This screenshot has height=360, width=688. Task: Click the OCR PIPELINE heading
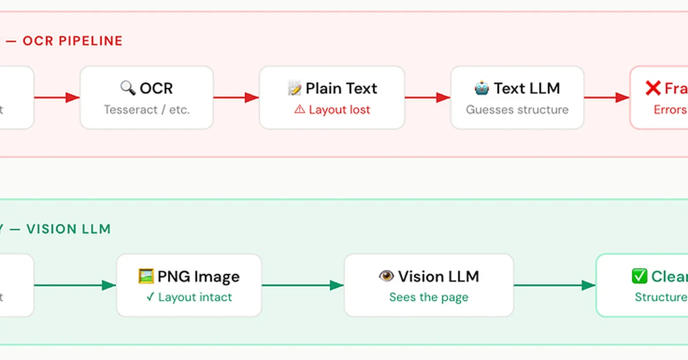click(72, 41)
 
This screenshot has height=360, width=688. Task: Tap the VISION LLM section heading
click(69, 229)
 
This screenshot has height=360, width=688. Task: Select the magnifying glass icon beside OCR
click(127, 88)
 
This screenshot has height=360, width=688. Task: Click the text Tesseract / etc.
click(146, 109)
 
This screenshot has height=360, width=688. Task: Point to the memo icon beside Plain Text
click(295, 88)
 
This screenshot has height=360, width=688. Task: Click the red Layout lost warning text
click(339, 109)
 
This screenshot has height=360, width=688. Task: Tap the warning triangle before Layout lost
click(299, 109)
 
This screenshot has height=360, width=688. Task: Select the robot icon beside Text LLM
click(482, 88)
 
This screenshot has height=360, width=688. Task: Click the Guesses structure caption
click(517, 109)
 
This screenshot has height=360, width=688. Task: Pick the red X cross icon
click(653, 88)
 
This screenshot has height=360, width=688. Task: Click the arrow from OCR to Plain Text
click(236, 97)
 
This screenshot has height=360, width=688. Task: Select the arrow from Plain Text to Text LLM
click(428, 97)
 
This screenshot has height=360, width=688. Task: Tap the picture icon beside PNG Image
click(146, 276)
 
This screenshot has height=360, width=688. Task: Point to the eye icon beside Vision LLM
click(386, 276)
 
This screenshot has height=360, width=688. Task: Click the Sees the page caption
click(429, 298)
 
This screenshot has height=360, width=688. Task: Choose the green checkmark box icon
click(639, 276)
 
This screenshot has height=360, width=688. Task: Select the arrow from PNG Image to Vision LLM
click(303, 285)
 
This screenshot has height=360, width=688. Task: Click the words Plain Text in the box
click(341, 88)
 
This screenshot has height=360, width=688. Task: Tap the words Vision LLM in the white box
click(439, 276)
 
